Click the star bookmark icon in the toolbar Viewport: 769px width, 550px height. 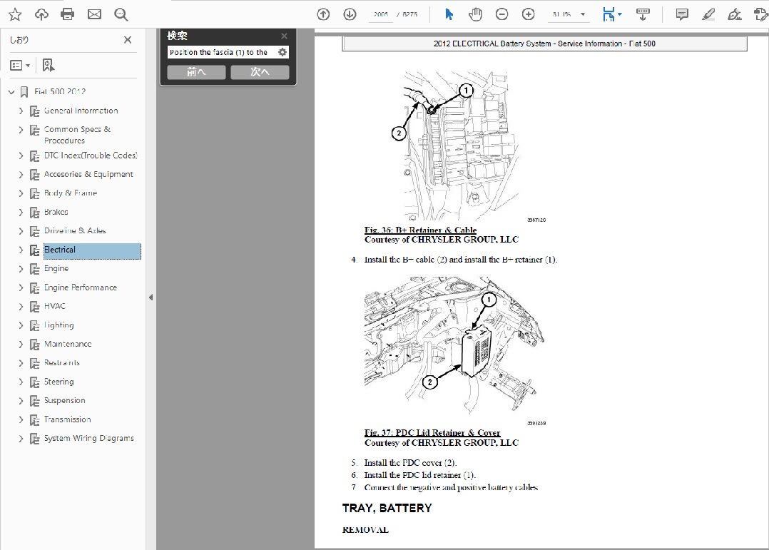[15, 14]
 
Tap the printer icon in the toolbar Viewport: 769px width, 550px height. [68, 14]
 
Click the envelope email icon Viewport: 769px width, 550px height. [94, 14]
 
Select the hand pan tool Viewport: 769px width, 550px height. [475, 14]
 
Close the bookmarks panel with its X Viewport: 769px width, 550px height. [128, 40]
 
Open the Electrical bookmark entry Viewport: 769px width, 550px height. [60, 250]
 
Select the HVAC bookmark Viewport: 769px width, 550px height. [54, 306]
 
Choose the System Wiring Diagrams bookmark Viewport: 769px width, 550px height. [88, 438]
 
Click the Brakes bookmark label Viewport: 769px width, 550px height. [56, 212]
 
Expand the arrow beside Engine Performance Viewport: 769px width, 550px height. [21, 287]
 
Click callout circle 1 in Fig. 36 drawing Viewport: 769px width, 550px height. [466, 91]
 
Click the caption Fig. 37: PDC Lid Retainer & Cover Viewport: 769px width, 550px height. [432, 432]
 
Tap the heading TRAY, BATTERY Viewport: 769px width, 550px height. [387, 508]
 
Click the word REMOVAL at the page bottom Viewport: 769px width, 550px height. [365, 530]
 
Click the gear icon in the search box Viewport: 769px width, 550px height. [282, 52]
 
